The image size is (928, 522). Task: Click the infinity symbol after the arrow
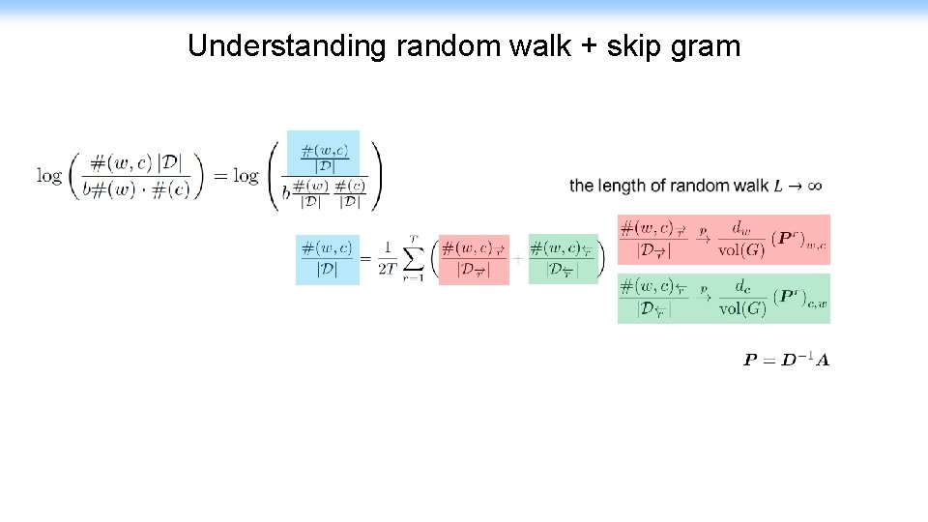point(814,186)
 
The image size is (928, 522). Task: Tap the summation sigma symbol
point(414,259)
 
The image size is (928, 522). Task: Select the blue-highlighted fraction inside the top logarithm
point(325,157)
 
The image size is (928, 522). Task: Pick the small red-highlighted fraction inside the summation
point(474,259)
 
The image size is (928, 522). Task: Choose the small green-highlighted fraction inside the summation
point(563,259)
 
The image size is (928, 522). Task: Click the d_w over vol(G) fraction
point(741,240)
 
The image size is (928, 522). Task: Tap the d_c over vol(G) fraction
point(741,299)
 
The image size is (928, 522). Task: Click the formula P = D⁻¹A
point(786,361)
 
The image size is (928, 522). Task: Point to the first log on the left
point(49,176)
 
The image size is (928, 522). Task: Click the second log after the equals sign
point(246,176)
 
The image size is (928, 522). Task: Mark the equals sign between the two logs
point(218,176)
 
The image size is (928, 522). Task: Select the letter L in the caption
point(779,186)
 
